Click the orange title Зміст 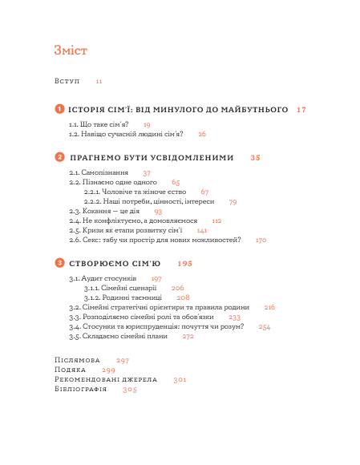tap(71, 51)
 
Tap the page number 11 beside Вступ tap(99, 81)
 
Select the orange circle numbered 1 tap(59, 108)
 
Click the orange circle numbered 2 tap(59, 157)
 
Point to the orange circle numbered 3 tap(59, 263)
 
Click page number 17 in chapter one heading tap(301, 109)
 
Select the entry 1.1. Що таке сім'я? tap(99, 124)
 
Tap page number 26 tap(202, 134)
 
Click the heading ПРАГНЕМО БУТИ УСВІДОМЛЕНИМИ tap(152, 158)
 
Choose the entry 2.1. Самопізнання tap(99, 173)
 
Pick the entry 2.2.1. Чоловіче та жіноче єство tap(136, 192)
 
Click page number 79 tap(233, 202)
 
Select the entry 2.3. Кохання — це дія tap(105, 211)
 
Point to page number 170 tap(261, 239)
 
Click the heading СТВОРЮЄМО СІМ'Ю tap(115, 264)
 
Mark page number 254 tap(265, 326)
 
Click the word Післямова tap(77, 360)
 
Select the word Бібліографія tap(80, 389)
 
